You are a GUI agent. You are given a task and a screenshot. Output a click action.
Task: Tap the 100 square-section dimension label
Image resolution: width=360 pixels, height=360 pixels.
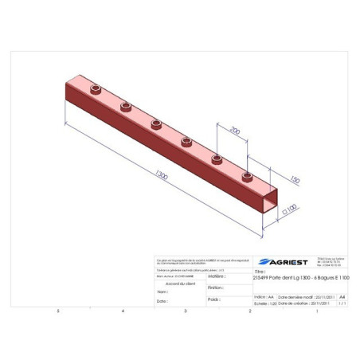pyautogui.click(x=291, y=212)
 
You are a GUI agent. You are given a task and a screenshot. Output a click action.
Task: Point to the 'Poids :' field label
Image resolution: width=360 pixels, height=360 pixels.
pyautogui.click(x=213, y=300)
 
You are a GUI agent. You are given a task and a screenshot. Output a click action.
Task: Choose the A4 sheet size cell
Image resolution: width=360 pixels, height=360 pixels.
pyautogui.click(x=342, y=295)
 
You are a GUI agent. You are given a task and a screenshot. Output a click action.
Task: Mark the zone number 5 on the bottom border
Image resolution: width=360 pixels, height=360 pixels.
pyautogui.click(x=58, y=311)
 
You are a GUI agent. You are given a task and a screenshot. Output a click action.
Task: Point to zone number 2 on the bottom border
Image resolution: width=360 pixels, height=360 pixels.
pyautogui.click(x=250, y=311)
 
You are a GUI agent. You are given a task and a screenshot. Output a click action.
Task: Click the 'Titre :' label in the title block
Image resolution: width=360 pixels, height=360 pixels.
pyautogui.click(x=259, y=271)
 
